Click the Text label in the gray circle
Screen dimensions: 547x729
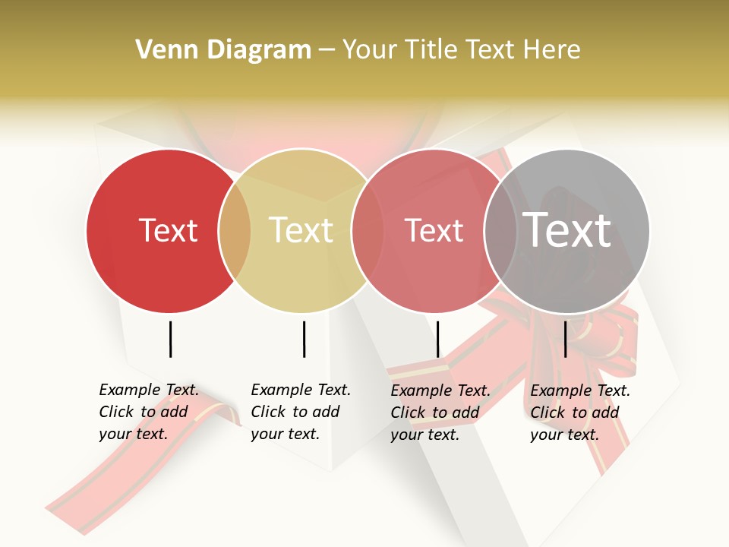tap(566, 230)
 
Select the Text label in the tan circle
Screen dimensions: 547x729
tap(301, 230)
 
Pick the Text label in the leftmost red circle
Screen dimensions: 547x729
tap(168, 230)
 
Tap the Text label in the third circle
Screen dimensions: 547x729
tap(434, 230)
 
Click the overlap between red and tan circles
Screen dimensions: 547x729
tap(235, 230)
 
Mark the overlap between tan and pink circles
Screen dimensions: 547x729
tap(368, 230)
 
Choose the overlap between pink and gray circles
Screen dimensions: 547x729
tap(500, 230)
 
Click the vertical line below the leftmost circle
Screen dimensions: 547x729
tap(170, 339)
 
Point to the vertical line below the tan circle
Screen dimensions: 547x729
tap(304, 339)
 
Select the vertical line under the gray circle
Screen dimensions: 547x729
tap(565, 339)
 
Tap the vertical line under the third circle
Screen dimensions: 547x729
tap(437, 339)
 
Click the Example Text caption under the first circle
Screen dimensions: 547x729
tap(148, 412)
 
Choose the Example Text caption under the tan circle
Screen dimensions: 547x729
tap(300, 412)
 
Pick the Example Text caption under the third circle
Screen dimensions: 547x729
tap(440, 413)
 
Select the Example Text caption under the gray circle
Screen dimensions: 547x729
tap(579, 413)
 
